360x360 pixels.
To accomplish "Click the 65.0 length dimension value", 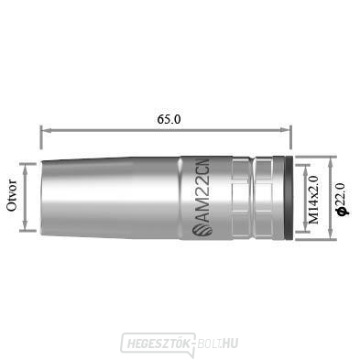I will point(167,119).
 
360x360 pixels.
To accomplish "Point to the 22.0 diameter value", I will point(342,197).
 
